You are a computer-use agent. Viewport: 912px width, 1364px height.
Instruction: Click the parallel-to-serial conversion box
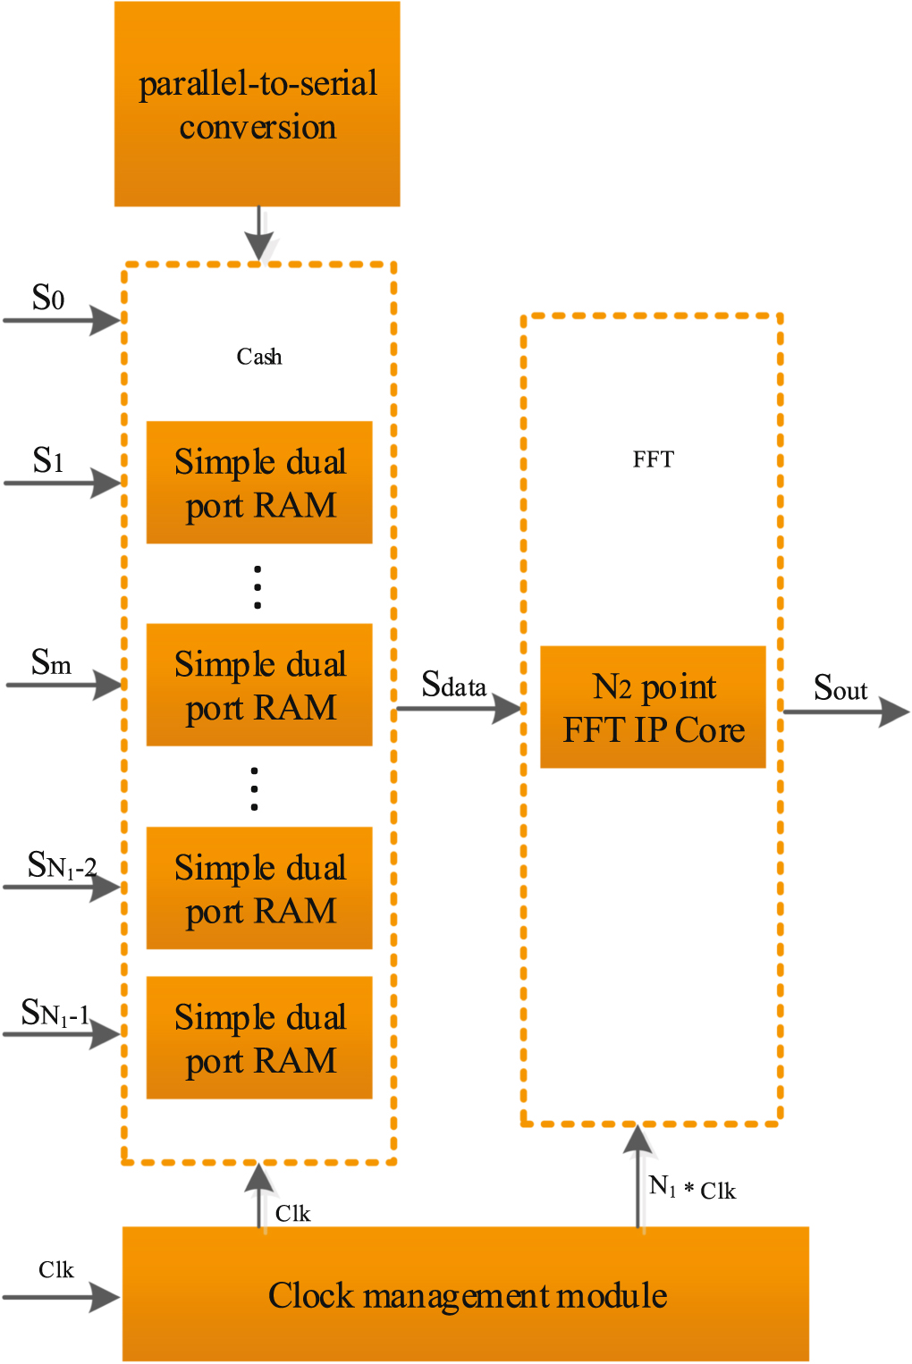click(258, 105)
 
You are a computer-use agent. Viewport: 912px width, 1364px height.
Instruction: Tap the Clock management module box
click(465, 1294)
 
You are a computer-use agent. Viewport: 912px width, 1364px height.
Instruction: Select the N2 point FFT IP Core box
click(653, 707)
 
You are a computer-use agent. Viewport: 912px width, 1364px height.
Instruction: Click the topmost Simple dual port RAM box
click(259, 483)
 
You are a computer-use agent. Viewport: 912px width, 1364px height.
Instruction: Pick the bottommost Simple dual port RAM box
click(259, 1038)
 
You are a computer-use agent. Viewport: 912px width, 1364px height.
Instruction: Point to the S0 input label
click(48, 298)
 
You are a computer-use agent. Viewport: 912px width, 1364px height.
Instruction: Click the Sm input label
click(51, 663)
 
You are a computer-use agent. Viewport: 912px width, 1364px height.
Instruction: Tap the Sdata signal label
click(453, 686)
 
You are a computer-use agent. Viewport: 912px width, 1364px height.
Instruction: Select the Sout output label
click(840, 688)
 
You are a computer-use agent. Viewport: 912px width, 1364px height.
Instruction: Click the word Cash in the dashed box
click(259, 358)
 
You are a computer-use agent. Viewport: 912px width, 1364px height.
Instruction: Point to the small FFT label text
click(653, 459)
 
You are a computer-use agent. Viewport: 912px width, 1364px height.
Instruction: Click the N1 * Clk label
click(692, 1189)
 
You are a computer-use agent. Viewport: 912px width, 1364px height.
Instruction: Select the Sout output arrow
click(845, 712)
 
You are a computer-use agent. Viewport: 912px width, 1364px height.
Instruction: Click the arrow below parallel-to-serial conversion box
click(259, 233)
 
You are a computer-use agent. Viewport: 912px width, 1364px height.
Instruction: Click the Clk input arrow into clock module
click(61, 1297)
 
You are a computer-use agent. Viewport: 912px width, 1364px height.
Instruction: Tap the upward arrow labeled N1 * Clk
click(638, 1175)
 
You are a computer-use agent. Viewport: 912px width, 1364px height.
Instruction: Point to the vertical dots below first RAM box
click(258, 586)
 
